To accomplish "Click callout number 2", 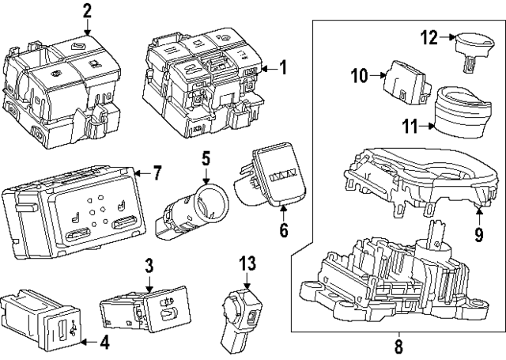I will click(87, 11).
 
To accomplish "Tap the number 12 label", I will click(429, 37).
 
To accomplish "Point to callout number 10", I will click(360, 76).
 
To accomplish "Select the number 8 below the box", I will click(398, 346).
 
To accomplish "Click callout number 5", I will click(205, 160).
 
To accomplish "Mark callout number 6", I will click(284, 233).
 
